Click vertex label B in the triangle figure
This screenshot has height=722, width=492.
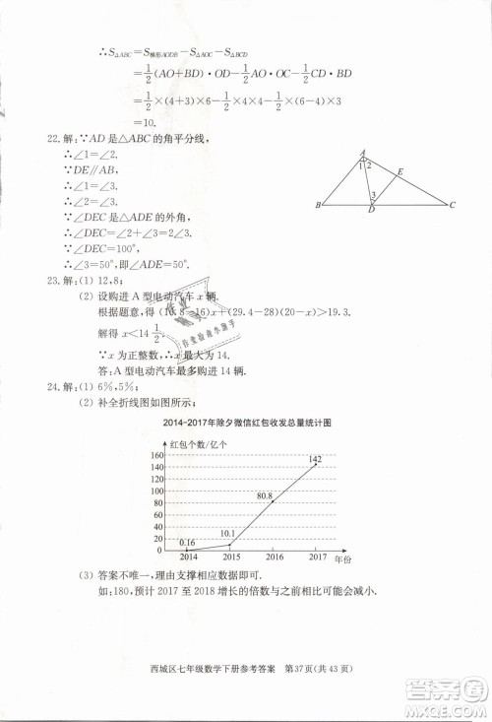tap(318, 206)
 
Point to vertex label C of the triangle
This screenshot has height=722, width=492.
tap(451, 206)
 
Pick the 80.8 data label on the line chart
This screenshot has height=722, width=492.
tap(264, 497)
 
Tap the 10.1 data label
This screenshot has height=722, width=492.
tap(228, 534)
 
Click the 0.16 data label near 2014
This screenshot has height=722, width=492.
tap(187, 542)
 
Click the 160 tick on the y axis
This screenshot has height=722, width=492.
tap(156, 455)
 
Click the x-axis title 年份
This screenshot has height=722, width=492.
tap(342, 558)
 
